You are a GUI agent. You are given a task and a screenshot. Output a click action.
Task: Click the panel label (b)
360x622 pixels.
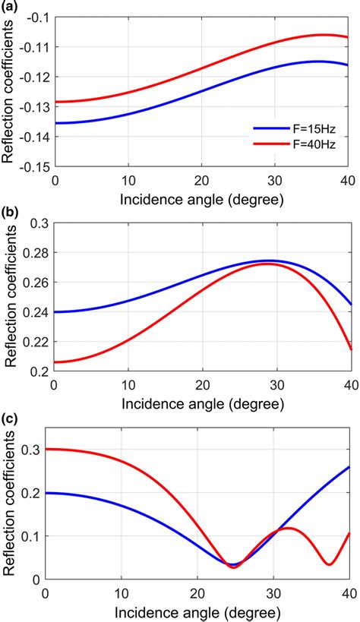10,214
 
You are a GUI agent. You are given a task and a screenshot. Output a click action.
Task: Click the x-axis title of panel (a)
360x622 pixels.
201,201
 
